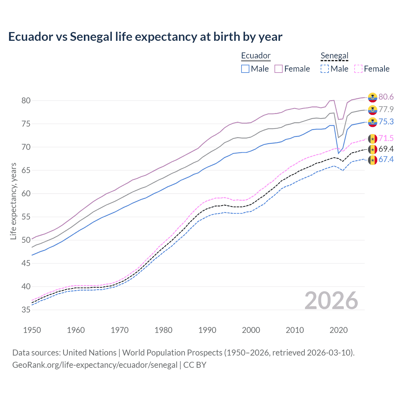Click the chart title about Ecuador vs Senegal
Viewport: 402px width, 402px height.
145,37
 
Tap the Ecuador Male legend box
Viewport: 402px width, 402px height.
245,69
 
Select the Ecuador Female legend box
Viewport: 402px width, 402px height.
279,69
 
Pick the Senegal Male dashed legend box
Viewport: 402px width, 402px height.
325,69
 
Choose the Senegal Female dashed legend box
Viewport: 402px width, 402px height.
358,69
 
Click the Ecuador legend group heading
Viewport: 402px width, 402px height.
256,56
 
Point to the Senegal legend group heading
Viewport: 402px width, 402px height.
334,56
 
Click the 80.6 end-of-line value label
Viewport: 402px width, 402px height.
386,97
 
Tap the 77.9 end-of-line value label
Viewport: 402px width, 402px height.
386,109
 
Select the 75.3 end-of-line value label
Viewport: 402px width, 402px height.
386,122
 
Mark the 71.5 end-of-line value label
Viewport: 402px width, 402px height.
386,138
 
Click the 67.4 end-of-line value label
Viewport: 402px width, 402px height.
386,159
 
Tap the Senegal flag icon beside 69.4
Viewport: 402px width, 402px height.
372,149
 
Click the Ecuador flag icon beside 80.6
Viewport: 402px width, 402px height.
372,97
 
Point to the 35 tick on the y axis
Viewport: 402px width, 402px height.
26,310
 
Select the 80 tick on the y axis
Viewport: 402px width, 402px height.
26,101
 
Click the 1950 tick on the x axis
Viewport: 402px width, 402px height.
32,330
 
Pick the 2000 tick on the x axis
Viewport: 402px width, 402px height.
251,330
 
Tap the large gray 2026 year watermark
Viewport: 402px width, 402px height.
331,301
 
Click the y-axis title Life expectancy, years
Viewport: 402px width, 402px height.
14,201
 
